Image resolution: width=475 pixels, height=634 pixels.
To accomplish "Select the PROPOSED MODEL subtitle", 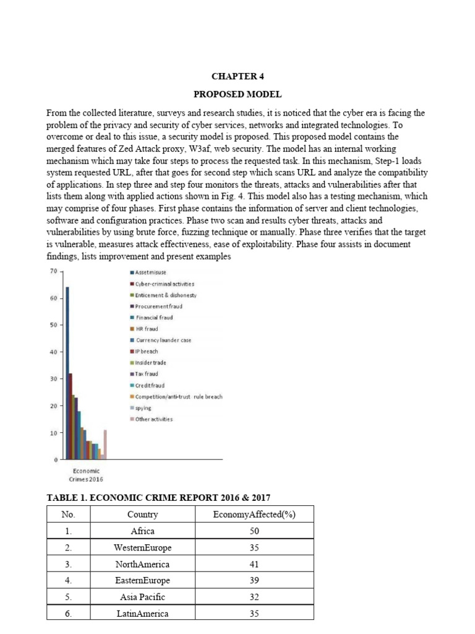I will [x=237, y=94].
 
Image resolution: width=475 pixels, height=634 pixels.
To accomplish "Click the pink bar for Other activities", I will [x=105, y=445].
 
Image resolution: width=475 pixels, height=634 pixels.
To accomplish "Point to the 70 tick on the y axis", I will [x=54, y=271].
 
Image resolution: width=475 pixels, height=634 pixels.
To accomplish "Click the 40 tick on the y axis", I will [x=54, y=352].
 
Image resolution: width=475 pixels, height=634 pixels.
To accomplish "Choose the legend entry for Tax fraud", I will [x=147, y=373].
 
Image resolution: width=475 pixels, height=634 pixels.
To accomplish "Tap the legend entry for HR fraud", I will [x=147, y=329].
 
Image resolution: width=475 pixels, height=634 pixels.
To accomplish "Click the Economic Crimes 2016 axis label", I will [x=85, y=474].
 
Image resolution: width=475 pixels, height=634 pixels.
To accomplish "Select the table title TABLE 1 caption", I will [x=159, y=498].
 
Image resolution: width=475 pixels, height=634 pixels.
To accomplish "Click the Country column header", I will [x=143, y=515].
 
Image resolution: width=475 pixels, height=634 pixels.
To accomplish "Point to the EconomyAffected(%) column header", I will [x=254, y=515].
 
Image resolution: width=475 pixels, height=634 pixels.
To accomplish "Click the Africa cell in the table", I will [x=143, y=531].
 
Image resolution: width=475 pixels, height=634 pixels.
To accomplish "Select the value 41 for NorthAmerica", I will [x=254, y=564].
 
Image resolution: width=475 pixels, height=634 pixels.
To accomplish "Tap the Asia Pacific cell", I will [x=143, y=597].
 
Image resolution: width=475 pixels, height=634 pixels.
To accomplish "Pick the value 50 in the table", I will [x=254, y=531].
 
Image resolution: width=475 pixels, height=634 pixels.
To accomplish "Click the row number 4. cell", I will [x=68, y=581].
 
